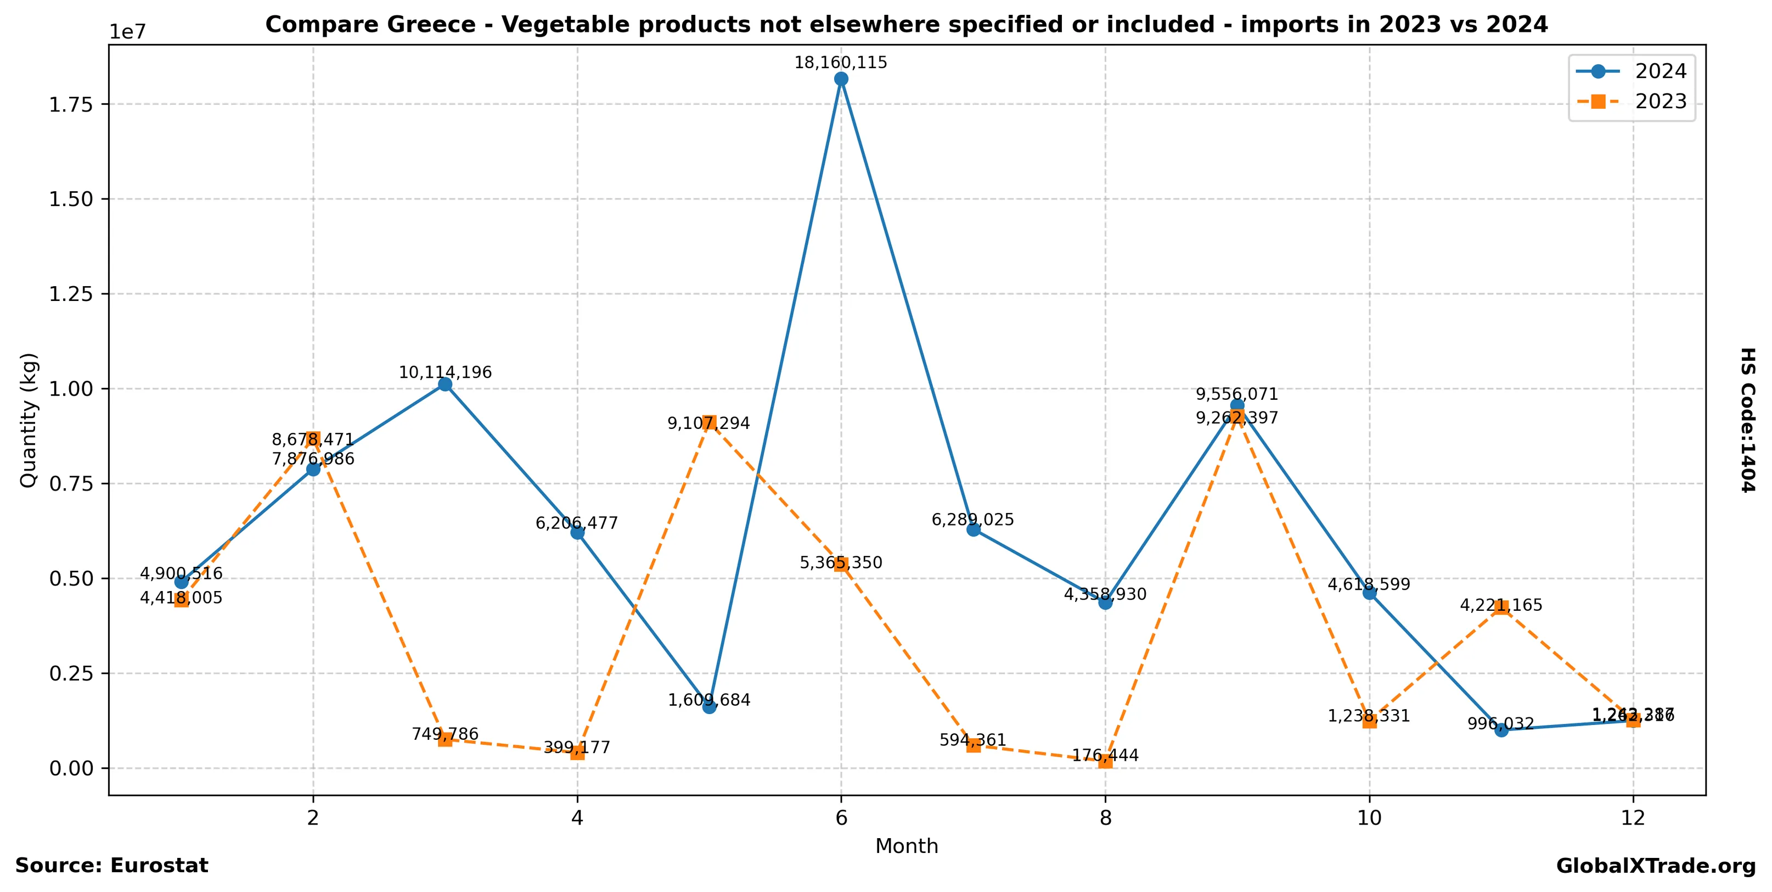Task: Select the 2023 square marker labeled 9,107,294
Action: [709, 422]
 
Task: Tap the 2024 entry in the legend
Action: [1660, 71]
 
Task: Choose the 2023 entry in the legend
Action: [1660, 101]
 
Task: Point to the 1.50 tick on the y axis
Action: [71, 199]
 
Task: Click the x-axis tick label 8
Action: [1105, 818]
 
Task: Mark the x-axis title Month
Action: [907, 846]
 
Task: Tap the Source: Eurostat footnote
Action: [111, 865]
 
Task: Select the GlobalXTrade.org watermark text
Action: [1656, 866]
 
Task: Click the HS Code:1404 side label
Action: [1747, 420]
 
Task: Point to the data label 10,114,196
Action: [445, 372]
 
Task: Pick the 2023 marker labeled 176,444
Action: [1105, 761]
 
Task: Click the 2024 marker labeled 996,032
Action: [1501, 729]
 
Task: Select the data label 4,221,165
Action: [1501, 605]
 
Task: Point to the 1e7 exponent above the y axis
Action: [128, 32]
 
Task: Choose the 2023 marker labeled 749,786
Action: [445, 739]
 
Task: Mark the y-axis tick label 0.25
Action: [71, 673]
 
